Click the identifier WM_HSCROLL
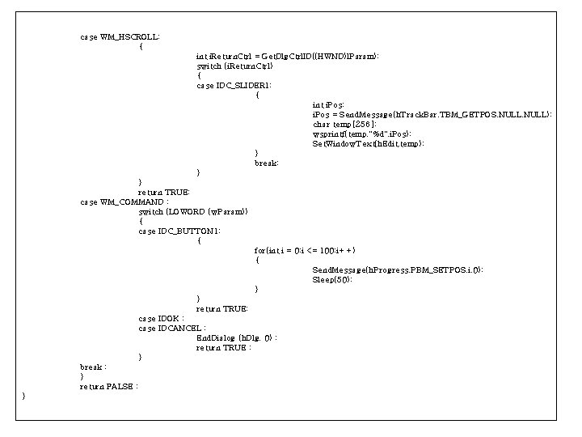pyautogui.click(x=129, y=36)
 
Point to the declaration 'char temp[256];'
pyautogui.click(x=344, y=124)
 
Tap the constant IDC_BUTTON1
pyautogui.click(x=188, y=231)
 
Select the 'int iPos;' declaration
pyautogui.click(x=328, y=104)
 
